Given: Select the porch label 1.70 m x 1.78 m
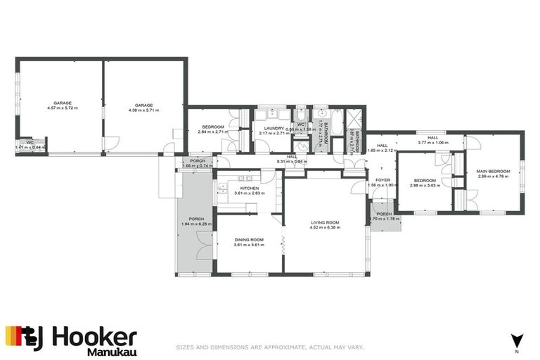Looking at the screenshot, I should pos(383,216).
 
